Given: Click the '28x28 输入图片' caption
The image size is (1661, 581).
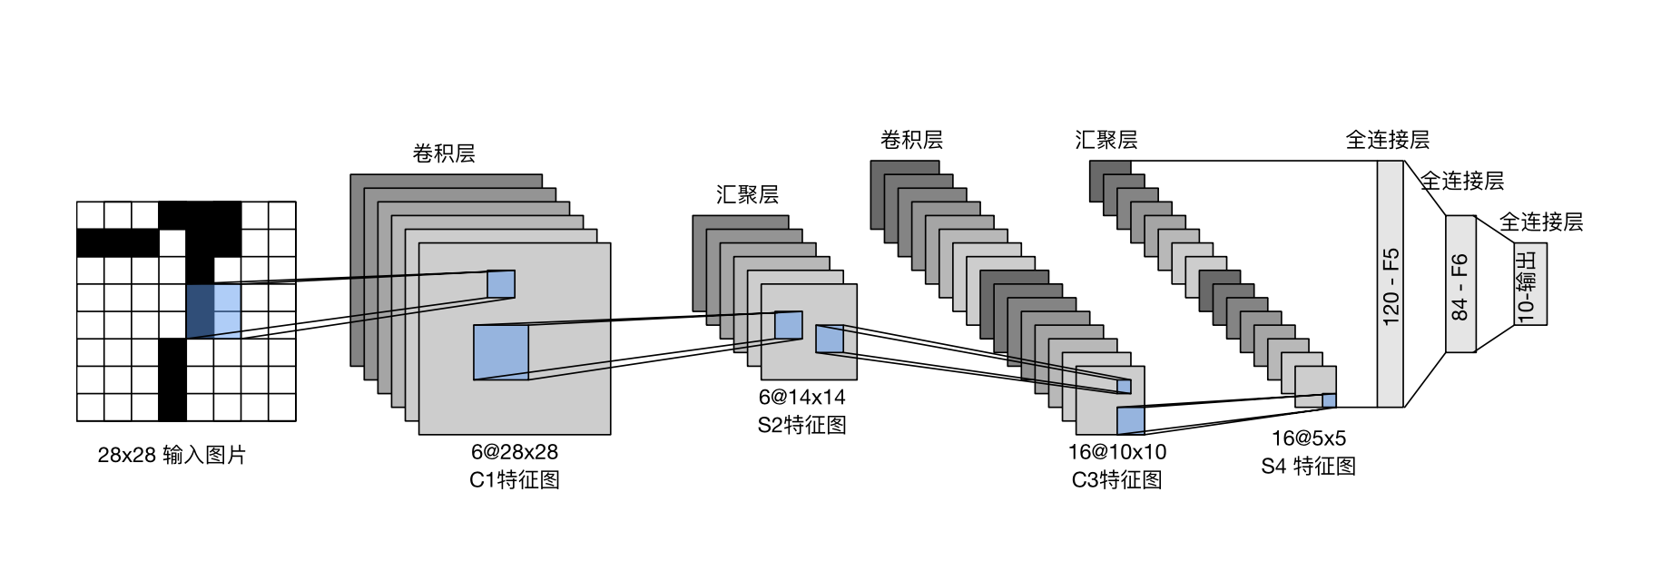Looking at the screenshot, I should click(x=172, y=455).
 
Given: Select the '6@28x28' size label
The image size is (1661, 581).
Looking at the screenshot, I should click(x=514, y=452).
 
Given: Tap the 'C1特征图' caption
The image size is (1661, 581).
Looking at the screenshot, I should click(x=514, y=479).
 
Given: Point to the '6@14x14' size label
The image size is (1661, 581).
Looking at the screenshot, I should click(x=801, y=398).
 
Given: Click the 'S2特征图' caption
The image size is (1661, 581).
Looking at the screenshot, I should click(x=801, y=425).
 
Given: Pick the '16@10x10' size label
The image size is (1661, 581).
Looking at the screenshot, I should click(x=1116, y=452).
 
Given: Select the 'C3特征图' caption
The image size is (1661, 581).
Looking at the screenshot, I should click(x=1116, y=479).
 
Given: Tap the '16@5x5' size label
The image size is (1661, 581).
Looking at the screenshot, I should click(x=1308, y=438).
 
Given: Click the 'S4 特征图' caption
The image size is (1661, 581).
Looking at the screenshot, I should click(x=1308, y=466).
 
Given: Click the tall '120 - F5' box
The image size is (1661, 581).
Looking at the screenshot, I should click(x=1390, y=284).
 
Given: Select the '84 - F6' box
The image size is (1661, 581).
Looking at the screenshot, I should click(x=1460, y=284).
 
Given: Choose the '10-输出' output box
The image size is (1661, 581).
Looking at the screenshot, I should click(x=1529, y=284).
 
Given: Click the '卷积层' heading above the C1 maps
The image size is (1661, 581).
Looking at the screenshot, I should click(x=444, y=153).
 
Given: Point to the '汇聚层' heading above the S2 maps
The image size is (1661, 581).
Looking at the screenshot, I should click(x=747, y=194).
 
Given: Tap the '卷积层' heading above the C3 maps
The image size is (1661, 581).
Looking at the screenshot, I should click(x=911, y=140).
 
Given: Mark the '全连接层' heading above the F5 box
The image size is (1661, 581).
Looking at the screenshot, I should click(x=1387, y=140).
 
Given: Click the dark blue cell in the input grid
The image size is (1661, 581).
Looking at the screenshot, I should click(x=200, y=311).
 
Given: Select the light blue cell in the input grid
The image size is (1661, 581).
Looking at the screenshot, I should click(x=227, y=311).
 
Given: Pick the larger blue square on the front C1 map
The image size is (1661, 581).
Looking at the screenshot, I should click(x=501, y=352).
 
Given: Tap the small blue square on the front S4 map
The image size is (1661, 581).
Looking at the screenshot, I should click(x=1329, y=400).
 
